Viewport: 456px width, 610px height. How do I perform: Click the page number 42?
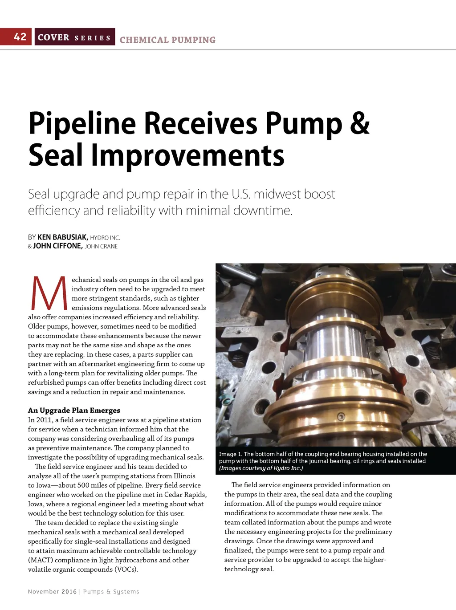click(20, 37)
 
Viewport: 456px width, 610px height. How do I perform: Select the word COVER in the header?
click(53, 37)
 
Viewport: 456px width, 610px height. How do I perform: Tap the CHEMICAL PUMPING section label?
click(167, 40)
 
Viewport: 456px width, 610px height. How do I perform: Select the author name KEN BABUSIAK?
click(63, 237)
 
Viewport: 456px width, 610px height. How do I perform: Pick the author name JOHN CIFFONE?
click(57, 246)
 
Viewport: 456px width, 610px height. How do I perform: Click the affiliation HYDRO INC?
click(105, 238)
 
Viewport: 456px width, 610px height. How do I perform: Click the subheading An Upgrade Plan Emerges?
click(74, 410)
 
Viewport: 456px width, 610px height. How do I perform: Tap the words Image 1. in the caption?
click(230, 454)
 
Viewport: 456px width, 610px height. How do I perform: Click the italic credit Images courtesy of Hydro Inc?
click(261, 468)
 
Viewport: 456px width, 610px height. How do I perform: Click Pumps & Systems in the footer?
click(111, 592)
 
